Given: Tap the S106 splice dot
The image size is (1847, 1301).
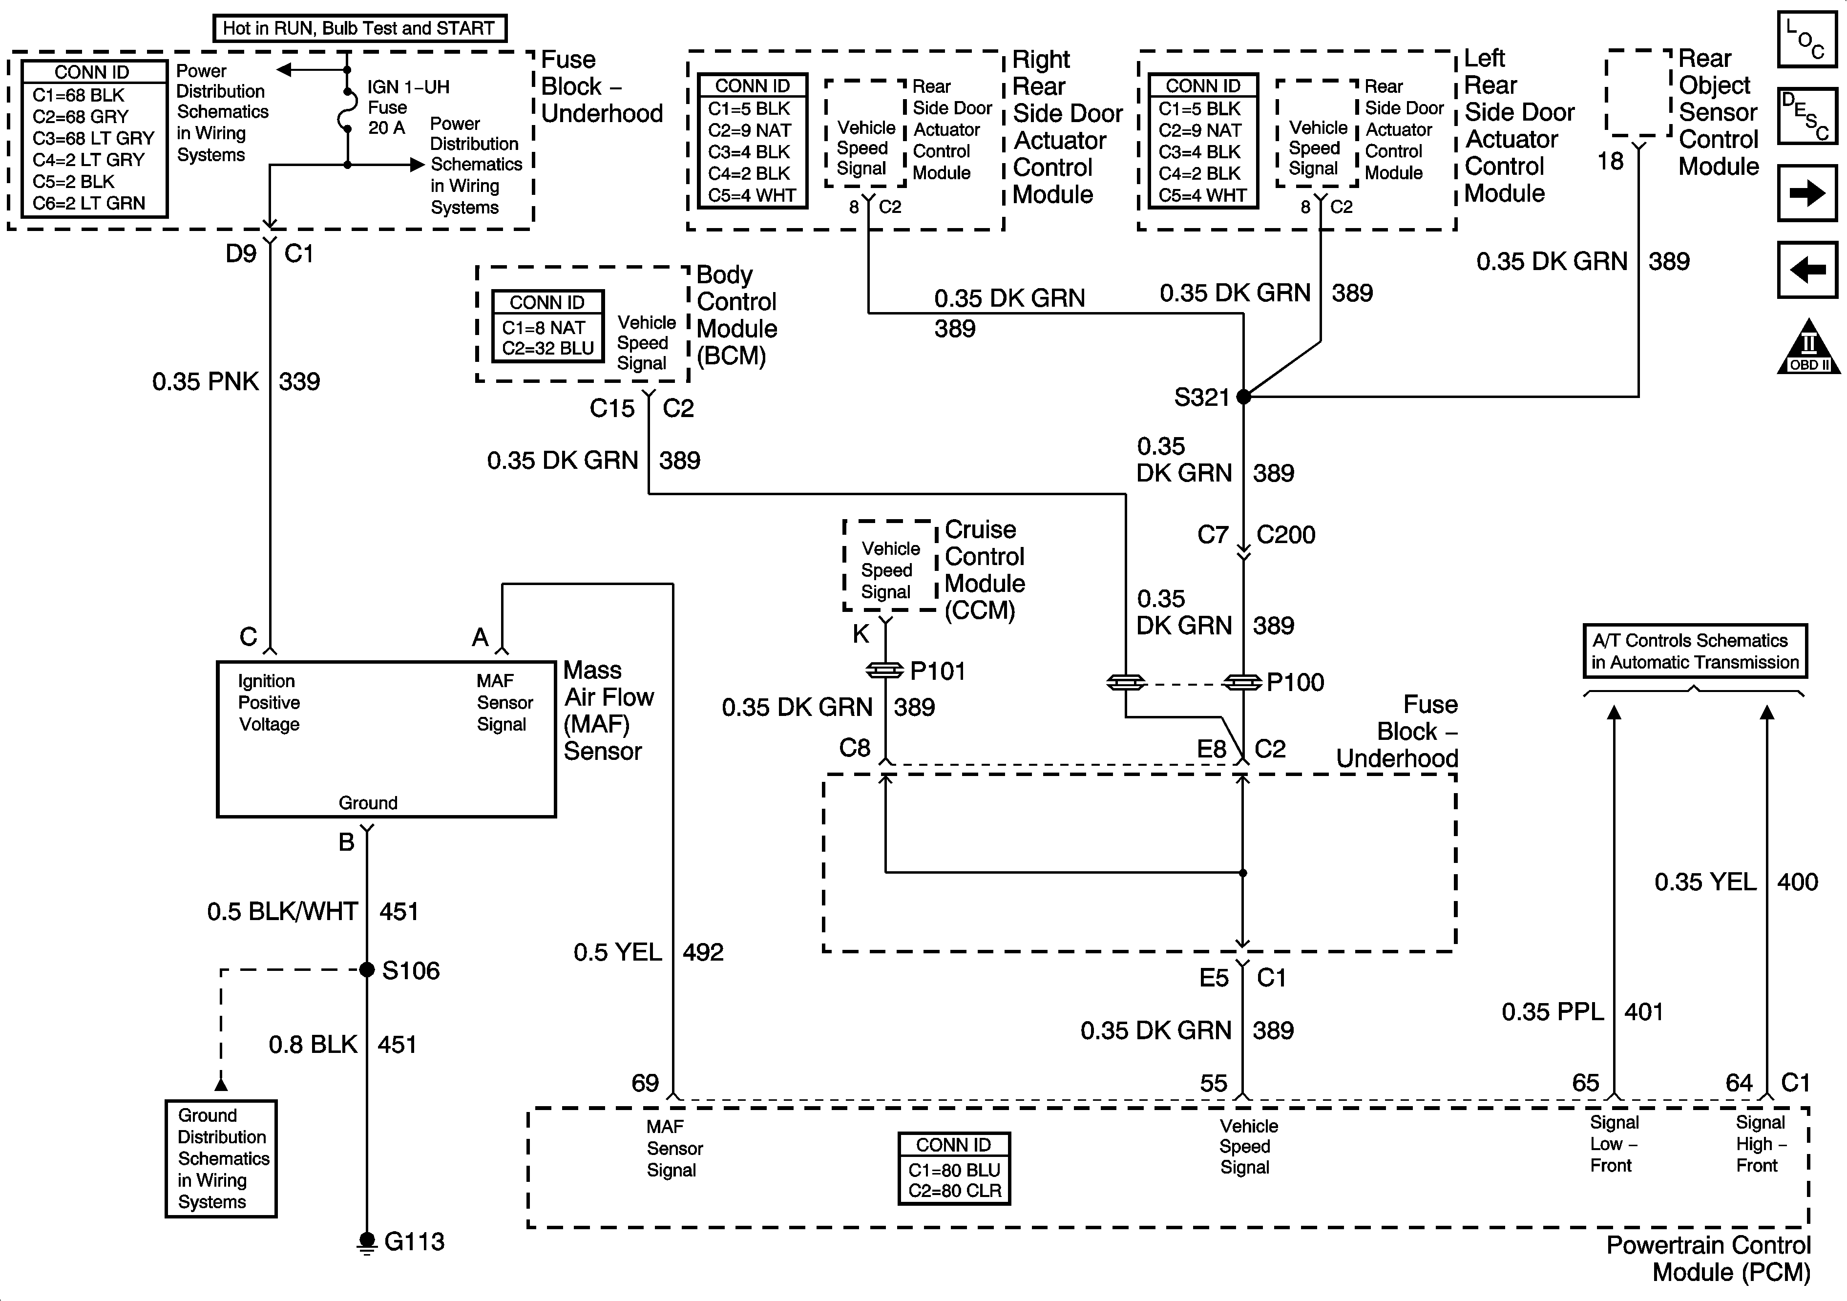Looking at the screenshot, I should coord(367,969).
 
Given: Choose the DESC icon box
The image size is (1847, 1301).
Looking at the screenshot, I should coord(1807,116).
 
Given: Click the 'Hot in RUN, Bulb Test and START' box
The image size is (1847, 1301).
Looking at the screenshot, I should coord(359,28).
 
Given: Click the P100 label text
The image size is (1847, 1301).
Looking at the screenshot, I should coord(1295,682).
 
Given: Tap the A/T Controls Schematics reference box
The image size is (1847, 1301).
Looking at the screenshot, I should coord(1694,651).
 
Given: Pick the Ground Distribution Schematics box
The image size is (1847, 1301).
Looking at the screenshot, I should coord(221,1158).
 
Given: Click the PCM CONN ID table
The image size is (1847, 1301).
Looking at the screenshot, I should coord(954,1168).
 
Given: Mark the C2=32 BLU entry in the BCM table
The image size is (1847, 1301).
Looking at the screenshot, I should coord(548,348).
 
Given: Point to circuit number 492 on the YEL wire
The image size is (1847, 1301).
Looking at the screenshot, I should coord(703,952).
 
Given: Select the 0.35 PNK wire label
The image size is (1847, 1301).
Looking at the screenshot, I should coord(206,381).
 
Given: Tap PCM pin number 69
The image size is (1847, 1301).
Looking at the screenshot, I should coord(644,1083).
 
